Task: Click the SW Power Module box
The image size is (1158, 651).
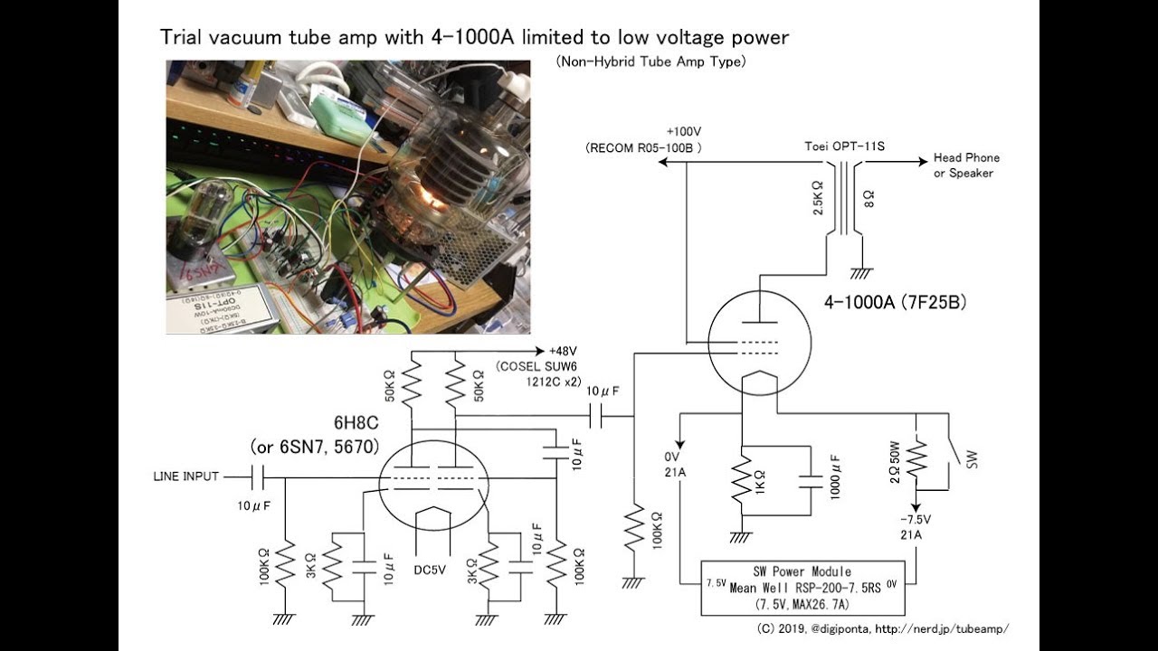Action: [x=809, y=588]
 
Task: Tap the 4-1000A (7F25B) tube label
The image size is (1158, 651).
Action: [x=895, y=303]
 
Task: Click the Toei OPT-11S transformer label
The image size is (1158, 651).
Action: [x=843, y=146]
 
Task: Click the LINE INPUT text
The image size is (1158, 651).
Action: [x=185, y=476]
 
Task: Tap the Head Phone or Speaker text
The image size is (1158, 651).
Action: [x=966, y=165]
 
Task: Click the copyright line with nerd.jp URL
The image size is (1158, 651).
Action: [x=882, y=628]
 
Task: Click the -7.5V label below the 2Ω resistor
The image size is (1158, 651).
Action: [x=916, y=519]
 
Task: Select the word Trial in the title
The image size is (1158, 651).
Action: [x=181, y=37]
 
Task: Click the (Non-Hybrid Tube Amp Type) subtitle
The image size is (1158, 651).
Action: [x=650, y=61]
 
